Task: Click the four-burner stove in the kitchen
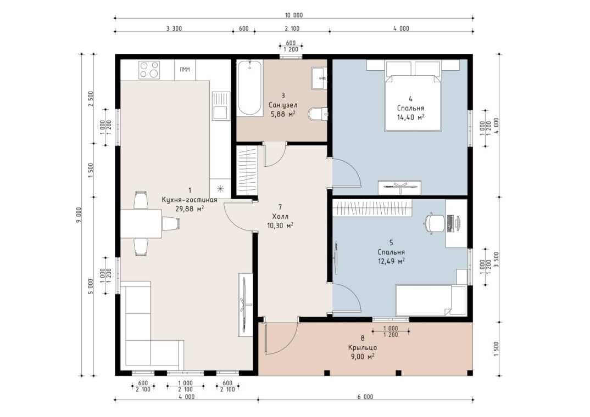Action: [149, 70]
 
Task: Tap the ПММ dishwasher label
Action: [185, 70]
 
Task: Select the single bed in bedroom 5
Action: [431, 301]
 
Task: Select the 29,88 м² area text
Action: [190, 209]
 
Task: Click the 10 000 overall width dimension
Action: [294, 15]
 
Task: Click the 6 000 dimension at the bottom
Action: [365, 397]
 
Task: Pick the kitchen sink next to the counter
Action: [220, 106]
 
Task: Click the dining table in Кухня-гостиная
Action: [141, 223]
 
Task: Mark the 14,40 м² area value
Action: [410, 117]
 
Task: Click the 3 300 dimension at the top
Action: [174, 29]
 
